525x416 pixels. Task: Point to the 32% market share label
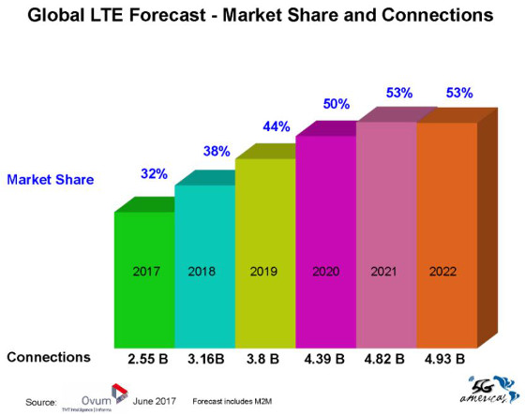pyautogui.click(x=154, y=173)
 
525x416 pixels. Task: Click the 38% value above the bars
pyautogui.click(x=215, y=150)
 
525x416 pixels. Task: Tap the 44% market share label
pyautogui.click(x=275, y=125)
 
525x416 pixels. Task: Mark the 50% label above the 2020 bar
pyautogui.click(x=336, y=103)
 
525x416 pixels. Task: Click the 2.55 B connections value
pyautogui.click(x=147, y=357)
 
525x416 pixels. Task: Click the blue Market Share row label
pyautogui.click(x=51, y=179)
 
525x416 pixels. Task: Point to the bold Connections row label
pyautogui.click(x=49, y=357)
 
